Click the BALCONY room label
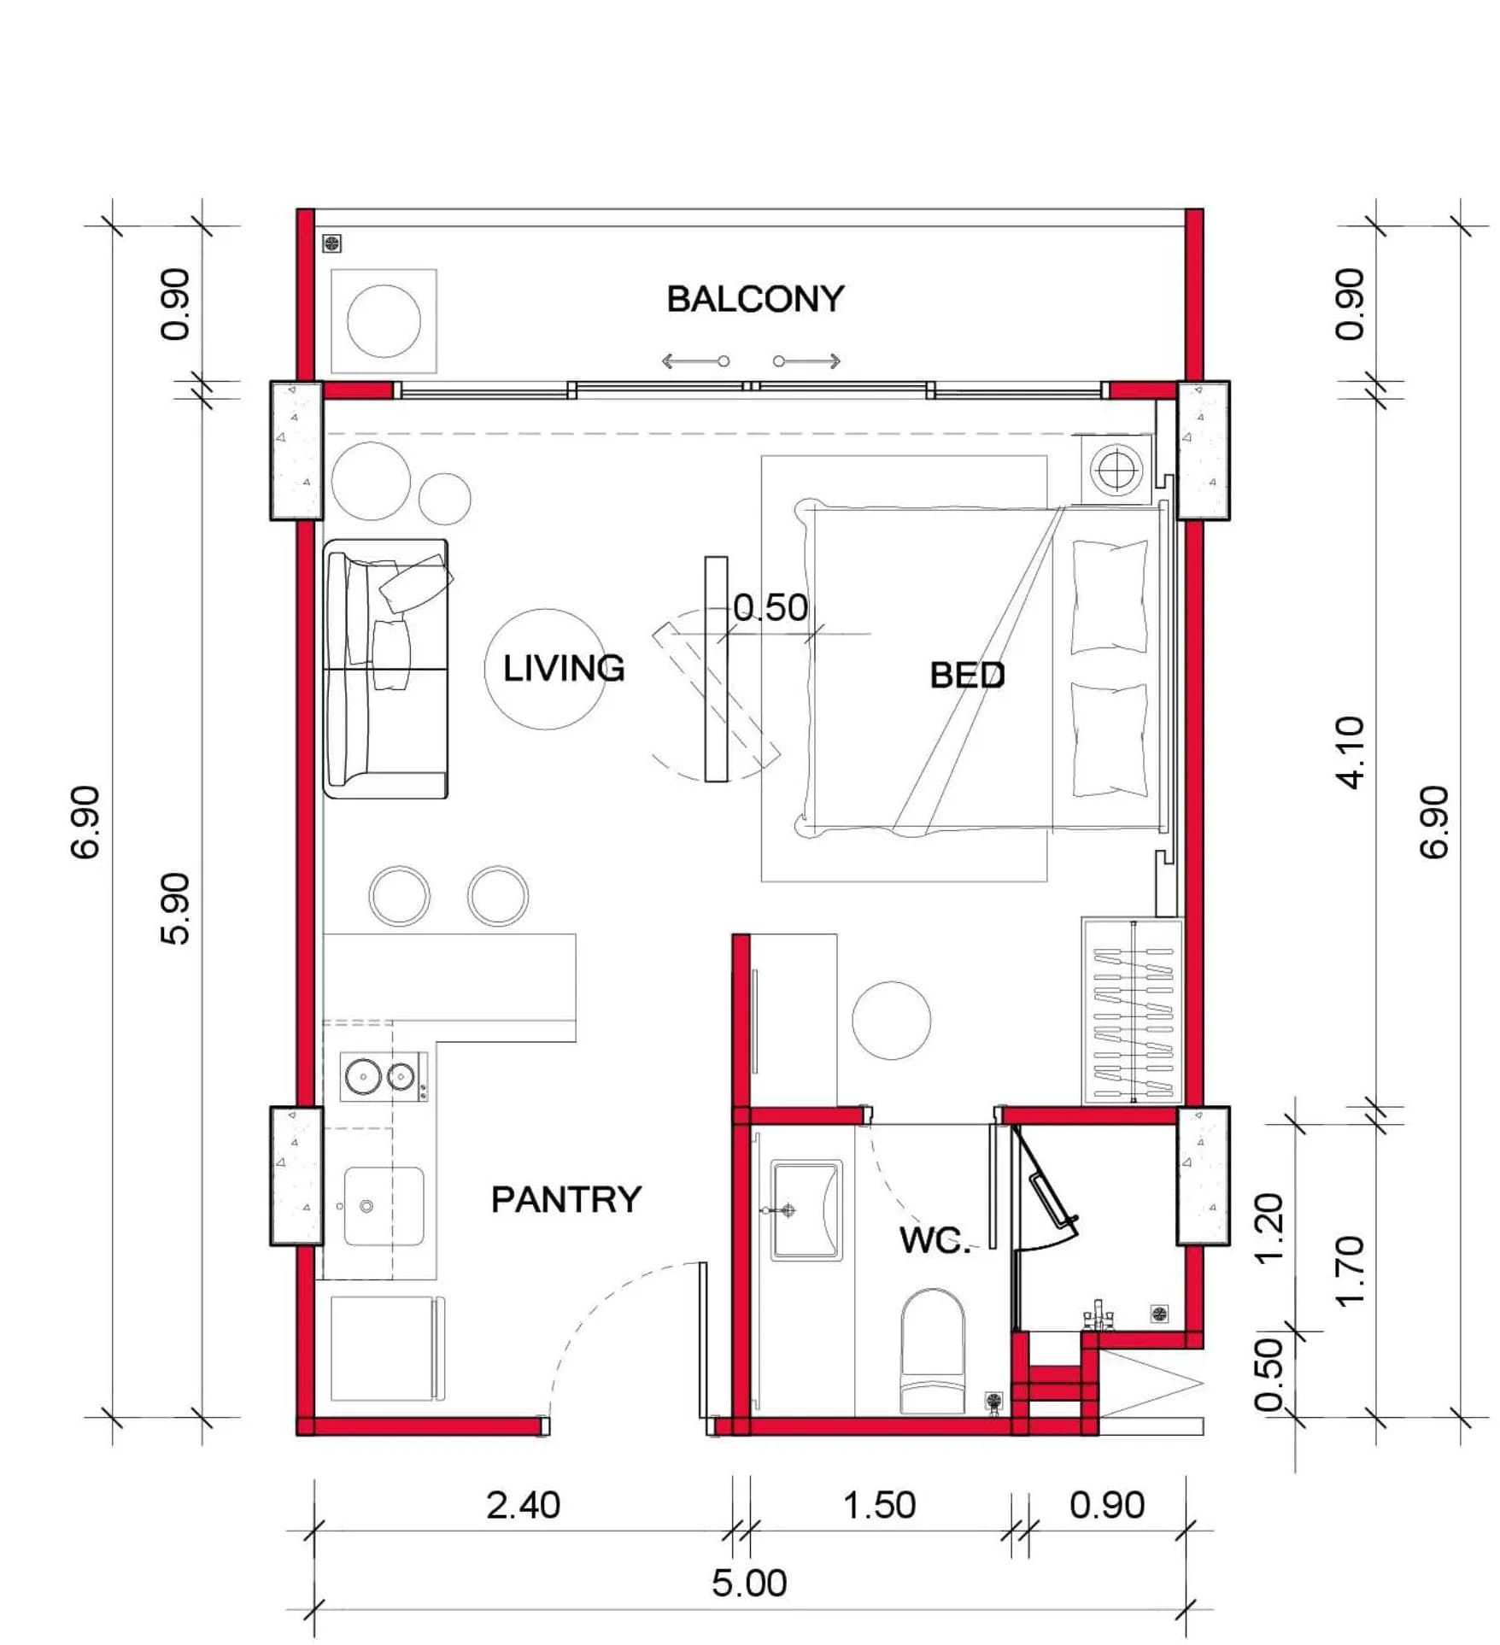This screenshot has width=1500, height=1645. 755,299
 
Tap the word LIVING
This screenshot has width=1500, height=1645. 564,668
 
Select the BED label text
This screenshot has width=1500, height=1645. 967,676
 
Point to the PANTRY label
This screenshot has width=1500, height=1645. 565,1199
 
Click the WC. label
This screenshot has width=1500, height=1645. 935,1240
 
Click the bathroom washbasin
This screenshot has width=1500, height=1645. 806,1210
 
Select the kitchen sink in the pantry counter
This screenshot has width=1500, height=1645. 384,1206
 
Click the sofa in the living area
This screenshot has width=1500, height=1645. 386,669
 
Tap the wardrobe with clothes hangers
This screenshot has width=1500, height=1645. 1133,1011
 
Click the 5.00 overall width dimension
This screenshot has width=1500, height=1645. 749,1583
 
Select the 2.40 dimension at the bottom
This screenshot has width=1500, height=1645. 523,1505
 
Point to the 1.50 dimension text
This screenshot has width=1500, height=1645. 879,1505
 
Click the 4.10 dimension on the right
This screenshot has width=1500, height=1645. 1351,752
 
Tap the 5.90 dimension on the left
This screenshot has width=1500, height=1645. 175,908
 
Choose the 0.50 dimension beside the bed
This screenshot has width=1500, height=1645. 771,607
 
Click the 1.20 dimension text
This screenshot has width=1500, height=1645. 1270,1227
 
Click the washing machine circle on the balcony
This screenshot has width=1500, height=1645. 384,321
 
